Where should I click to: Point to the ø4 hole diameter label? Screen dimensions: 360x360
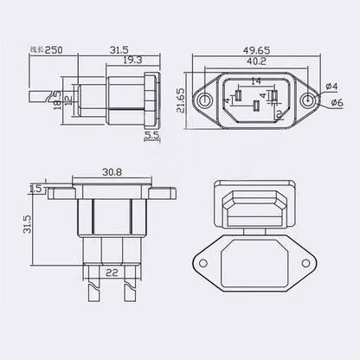tap(335, 86)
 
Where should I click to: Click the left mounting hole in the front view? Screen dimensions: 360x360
tap(204, 101)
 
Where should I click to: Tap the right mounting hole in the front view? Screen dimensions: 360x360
tap(309, 101)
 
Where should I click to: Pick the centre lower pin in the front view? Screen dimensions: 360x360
tap(256, 109)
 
